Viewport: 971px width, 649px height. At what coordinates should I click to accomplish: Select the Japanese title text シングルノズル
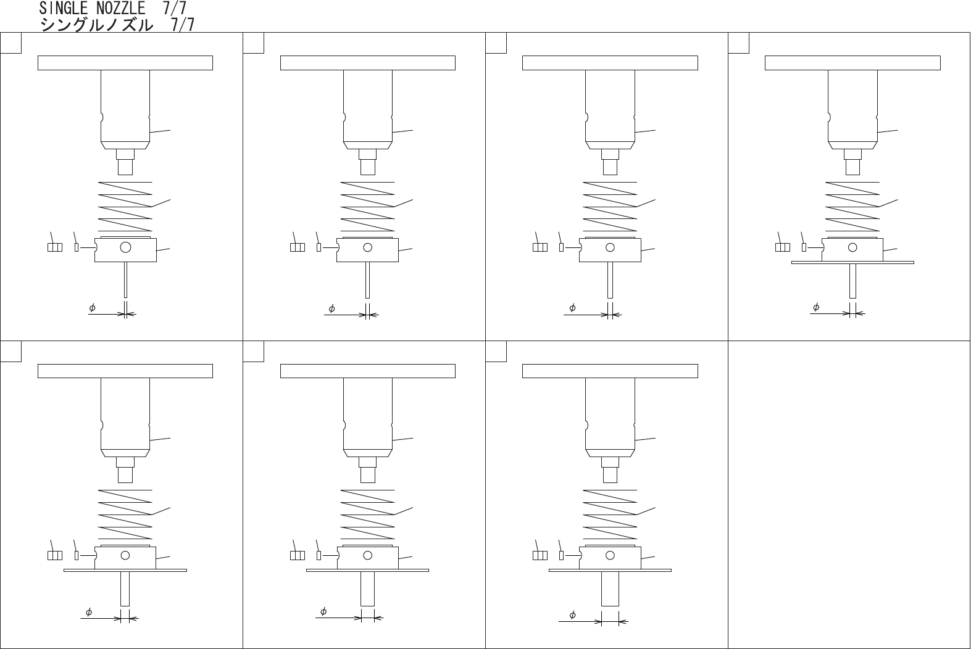pyautogui.click(x=96, y=25)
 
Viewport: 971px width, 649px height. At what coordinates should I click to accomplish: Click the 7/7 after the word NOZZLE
pyautogui.click(x=175, y=8)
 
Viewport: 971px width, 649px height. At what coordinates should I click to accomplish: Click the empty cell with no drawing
pyautogui.click(x=849, y=494)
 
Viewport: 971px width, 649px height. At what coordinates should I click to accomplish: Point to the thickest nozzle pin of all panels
pyautogui.click(x=610, y=589)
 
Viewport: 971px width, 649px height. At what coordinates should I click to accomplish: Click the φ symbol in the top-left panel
pyautogui.click(x=92, y=307)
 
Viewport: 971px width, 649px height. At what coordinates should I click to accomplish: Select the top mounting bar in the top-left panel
pyautogui.click(x=125, y=63)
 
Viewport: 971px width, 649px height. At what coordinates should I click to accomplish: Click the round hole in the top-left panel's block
pyautogui.click(x=126, y=247)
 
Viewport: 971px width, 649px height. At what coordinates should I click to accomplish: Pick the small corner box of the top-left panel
pyautogui.click(x=11, y=43)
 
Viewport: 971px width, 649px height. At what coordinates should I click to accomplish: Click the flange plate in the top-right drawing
pyautogui.click(x=852, y=262)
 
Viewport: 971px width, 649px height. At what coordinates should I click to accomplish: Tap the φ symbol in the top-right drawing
pyautogui.click(x=816, y=307)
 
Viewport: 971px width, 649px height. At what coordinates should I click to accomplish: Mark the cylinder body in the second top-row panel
pyautogui.click(x=368, y=105)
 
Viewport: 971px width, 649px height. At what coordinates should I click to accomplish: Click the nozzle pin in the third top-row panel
pyautogui.click(x=610, y=280)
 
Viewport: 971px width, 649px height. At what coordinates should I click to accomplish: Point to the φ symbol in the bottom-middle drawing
pyautogui.click(x=323, y=611)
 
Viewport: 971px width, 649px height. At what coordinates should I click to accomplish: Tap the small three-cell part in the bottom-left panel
pyautogui.click(x=55, y=555)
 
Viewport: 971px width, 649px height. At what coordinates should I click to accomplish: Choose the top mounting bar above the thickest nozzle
pyautogui.click(x=610, y=371)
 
